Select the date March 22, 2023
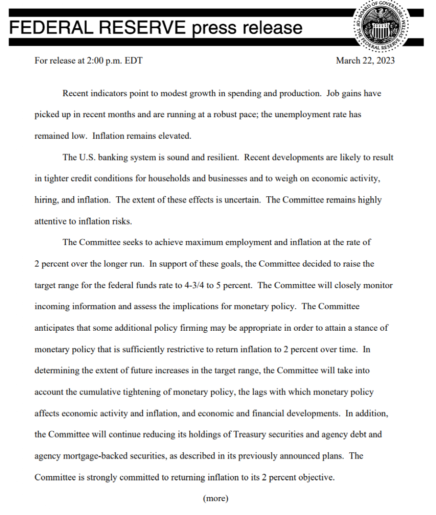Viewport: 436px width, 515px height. [x=365, y=61]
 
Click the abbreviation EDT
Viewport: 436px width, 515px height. [x=134, y=61]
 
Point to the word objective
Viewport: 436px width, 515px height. [x=316, y=477]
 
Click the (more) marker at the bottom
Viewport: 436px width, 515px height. [x=216, y=498]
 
